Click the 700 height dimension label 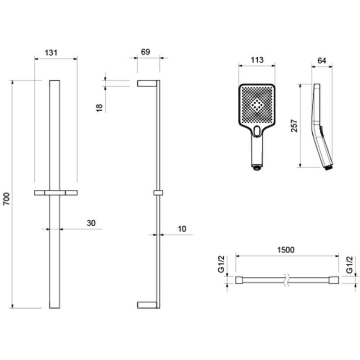tap(6, 198)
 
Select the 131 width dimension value tap(52, 52)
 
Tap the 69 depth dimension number tap(145, 52)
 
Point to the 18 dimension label tap(100, 107)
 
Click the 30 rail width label tap(91, 223)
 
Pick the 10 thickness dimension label tap(182, 229)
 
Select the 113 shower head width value tap(256, 60)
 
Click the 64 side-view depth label tap(322, 60)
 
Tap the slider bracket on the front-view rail tap(55, 193)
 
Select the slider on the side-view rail tap(157, 193)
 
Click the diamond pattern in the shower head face tap(256, 105)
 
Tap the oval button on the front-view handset tap(256, 131)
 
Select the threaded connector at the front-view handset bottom tap(256, 168)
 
